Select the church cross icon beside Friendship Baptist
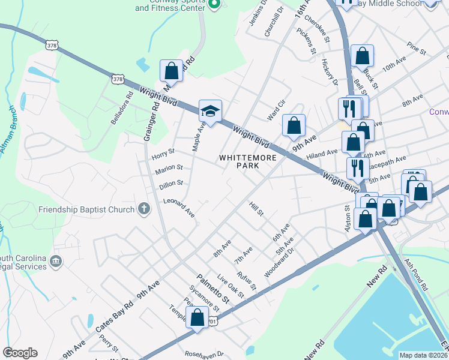click(143, 209)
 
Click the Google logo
click(20, 353)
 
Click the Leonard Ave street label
click(179, 208)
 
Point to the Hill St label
click(256, 209)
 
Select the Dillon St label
click(171, 185)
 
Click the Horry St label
click(163, 153)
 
